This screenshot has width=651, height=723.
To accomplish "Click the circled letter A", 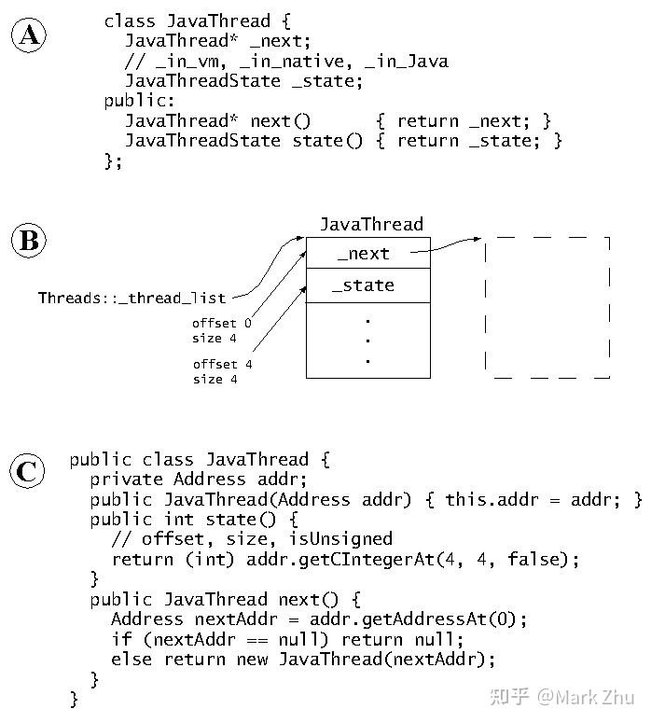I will coord(29,35).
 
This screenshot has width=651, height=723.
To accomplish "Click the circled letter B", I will coord(29,242).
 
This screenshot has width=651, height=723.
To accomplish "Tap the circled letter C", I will coord(29,471).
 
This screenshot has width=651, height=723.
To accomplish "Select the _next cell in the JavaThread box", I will coord(367,253).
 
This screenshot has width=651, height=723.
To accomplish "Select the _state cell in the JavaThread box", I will coord(367,285).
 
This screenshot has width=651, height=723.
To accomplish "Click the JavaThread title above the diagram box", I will coord(371,224).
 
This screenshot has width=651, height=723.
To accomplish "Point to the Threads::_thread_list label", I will coord(132,299).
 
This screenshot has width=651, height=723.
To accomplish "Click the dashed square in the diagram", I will coord(547,307).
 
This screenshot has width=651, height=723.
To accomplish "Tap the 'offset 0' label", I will coord(222,324).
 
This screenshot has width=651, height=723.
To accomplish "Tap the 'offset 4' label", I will coord(222,364).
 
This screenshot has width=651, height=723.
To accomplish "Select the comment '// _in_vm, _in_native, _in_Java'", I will coord(286,62).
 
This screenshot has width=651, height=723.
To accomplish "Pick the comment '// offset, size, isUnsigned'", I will coord(252,538).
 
